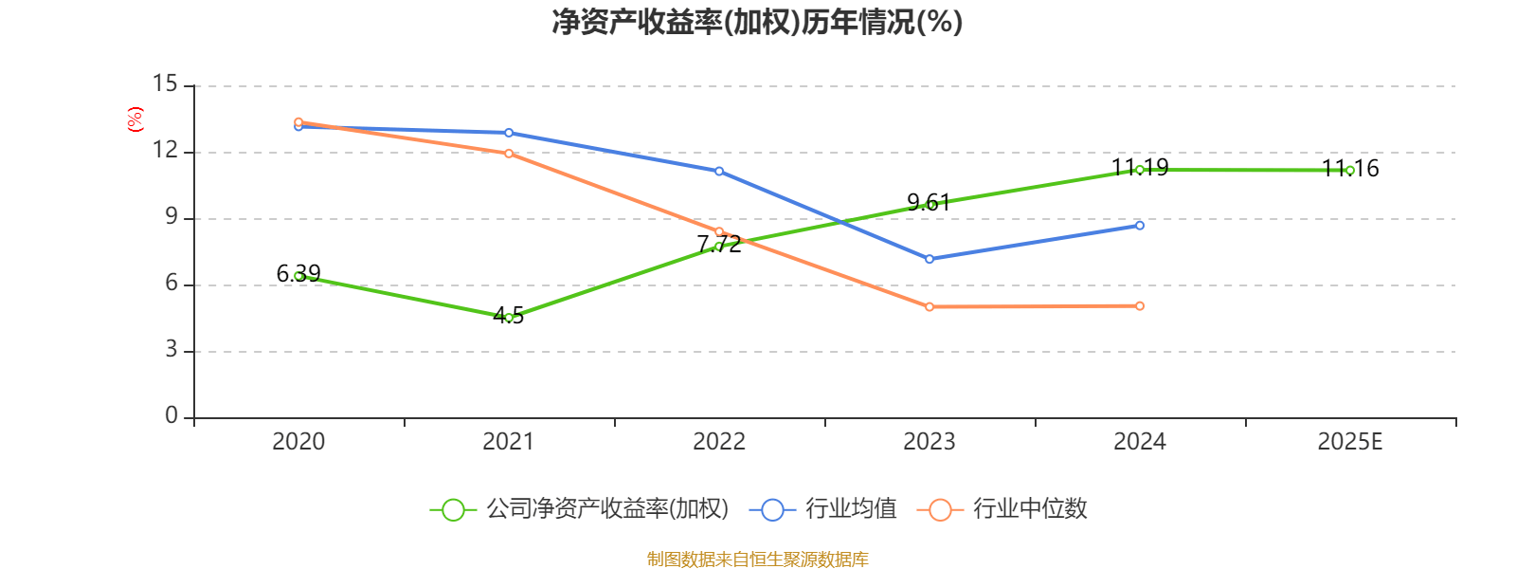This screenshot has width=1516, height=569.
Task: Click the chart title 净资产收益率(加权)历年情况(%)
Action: [x=757, y=22]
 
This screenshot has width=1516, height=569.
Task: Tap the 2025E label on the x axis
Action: [x=1349, y=441]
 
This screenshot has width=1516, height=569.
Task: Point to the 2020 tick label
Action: [x=298, y=441]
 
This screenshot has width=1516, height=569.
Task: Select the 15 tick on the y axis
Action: [x=165, y=84]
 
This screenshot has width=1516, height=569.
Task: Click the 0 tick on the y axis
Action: [x=171, y=415]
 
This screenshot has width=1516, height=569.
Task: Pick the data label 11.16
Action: [x=1350, y=169]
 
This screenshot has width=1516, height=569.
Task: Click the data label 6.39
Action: [x=298, y=274]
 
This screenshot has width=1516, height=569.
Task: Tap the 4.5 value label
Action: [x=509, y=315]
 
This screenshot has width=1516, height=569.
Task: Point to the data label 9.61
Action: [x=929, y=202]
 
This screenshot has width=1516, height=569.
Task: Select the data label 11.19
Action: [x=1140, y=168]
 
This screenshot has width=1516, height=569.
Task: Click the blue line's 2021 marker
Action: [x=509, y=133]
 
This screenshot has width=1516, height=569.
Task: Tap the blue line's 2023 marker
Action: [x=929, y=259]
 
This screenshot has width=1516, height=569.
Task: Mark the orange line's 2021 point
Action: [x=509, y=154]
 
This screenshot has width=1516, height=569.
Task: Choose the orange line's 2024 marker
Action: [x=1140, y=305]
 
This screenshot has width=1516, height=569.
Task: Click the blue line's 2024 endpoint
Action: [x=1140, y=226]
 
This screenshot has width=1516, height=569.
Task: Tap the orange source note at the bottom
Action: [x=757, y=560]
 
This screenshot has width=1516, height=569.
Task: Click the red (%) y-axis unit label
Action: [x=135, y=119]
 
